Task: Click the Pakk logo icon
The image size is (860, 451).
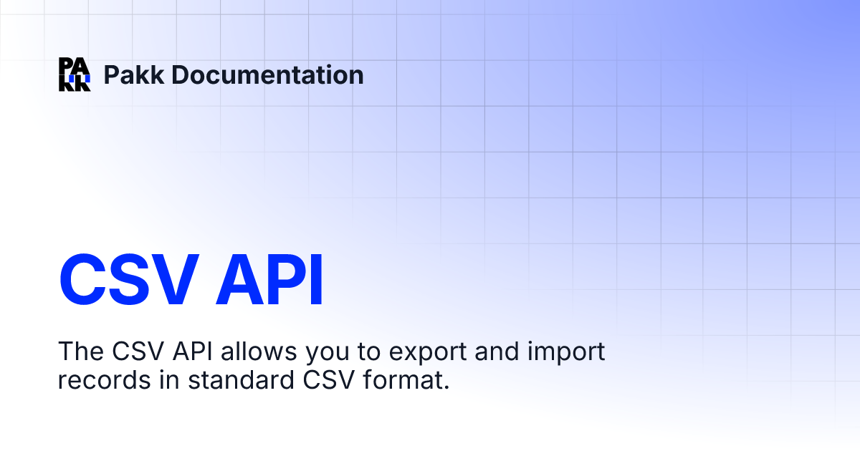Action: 75,74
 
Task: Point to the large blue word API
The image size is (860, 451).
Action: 272,279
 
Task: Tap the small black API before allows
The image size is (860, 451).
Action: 192,351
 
